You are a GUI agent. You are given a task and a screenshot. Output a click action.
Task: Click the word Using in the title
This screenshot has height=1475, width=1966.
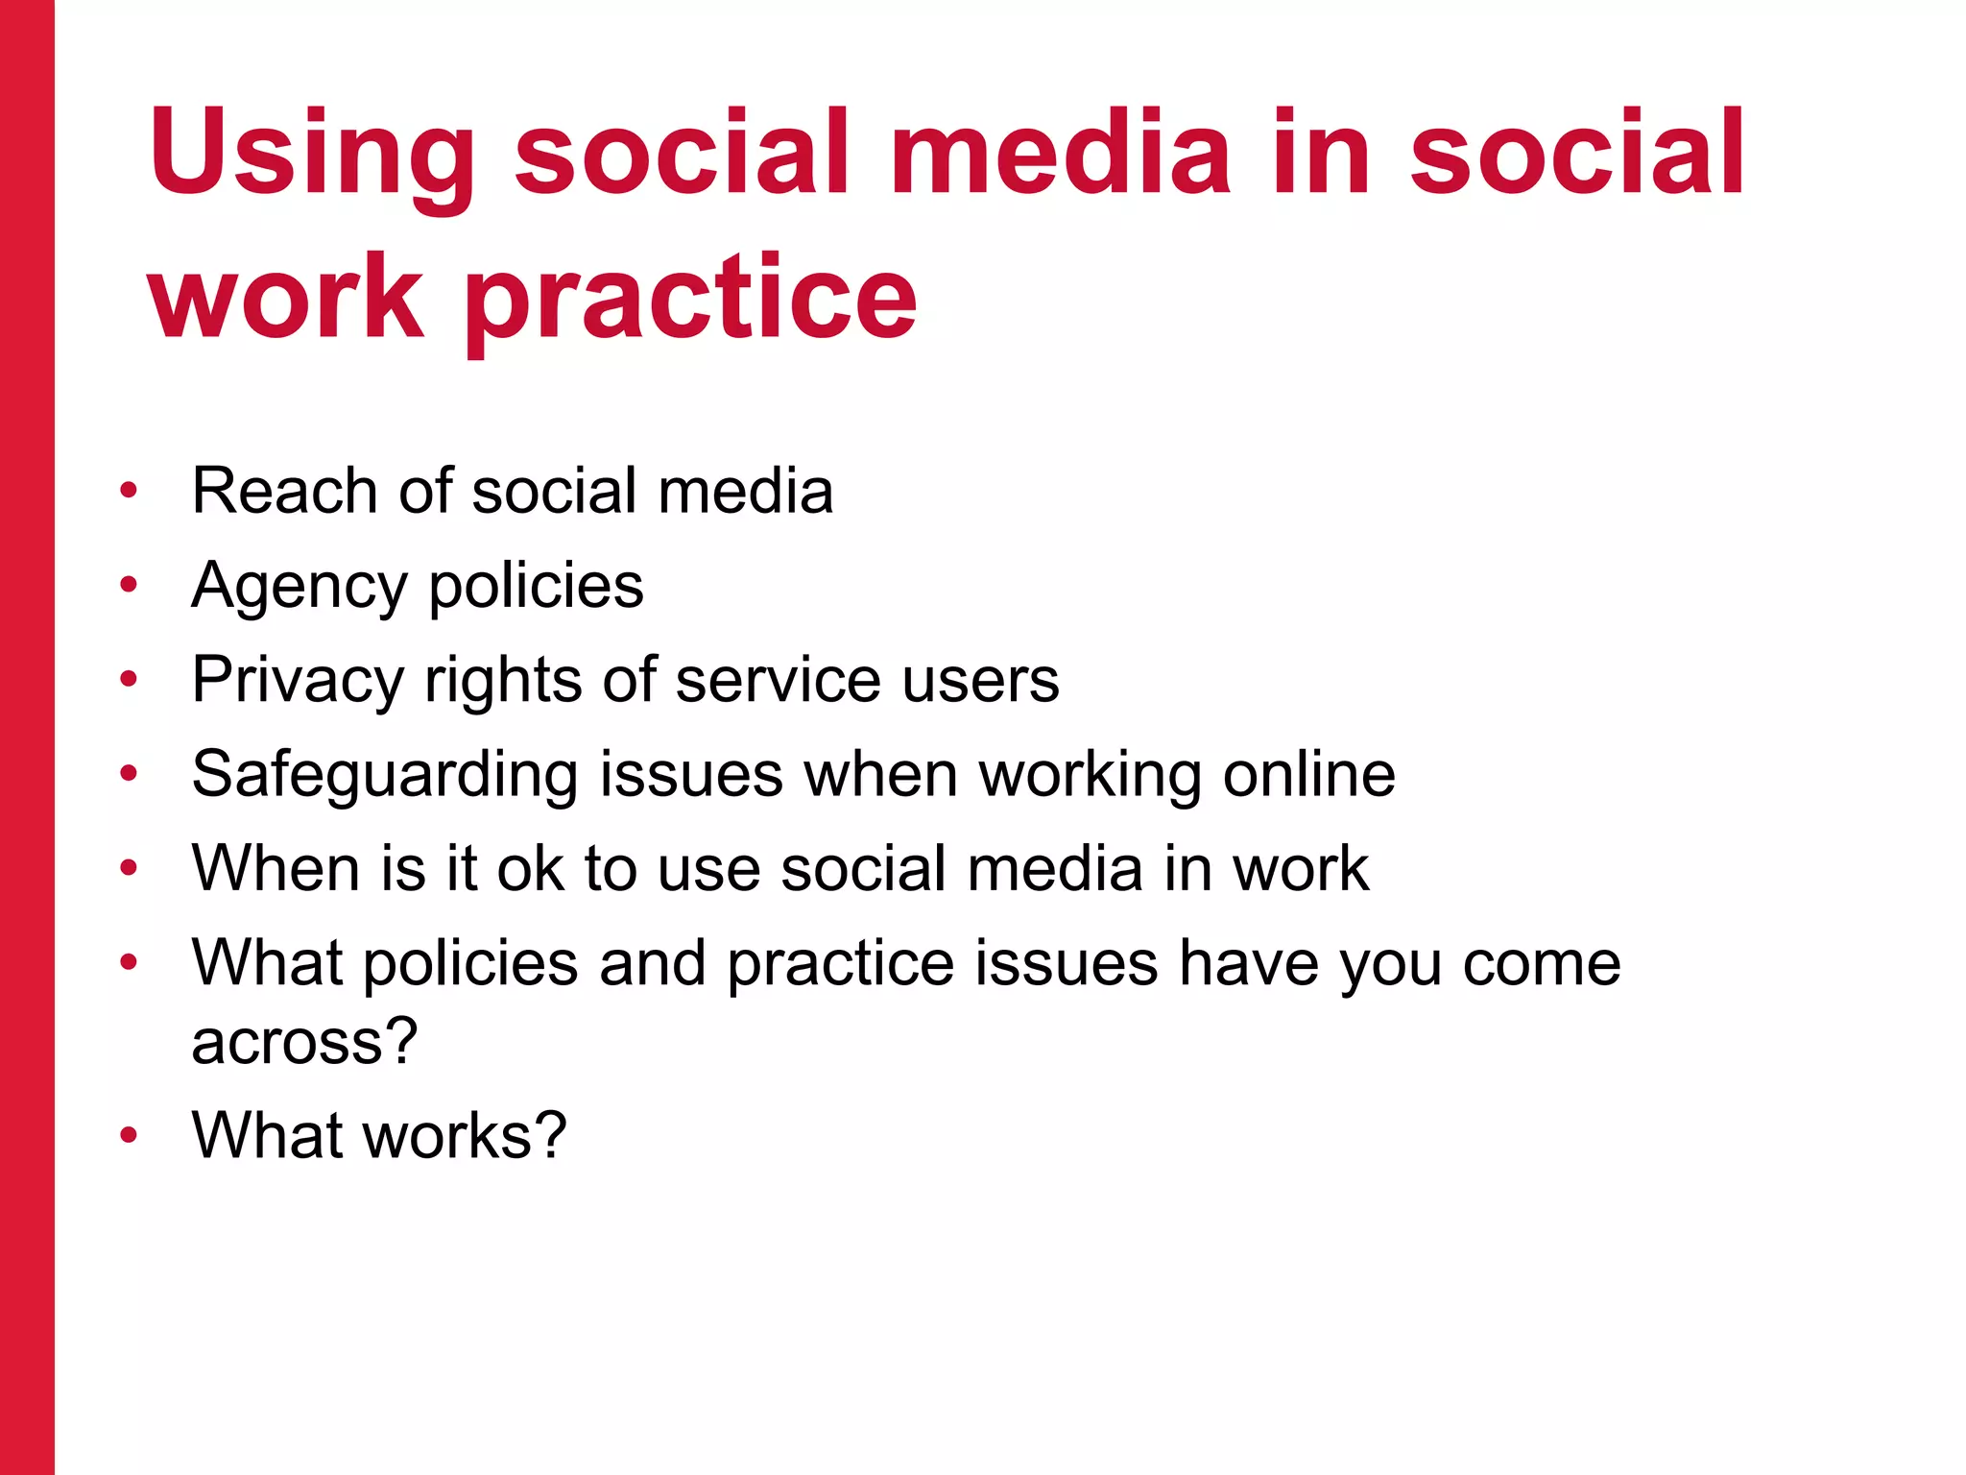[x=312, y=154]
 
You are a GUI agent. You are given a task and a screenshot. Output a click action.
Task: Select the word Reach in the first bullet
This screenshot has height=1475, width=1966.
[x=284, y=491]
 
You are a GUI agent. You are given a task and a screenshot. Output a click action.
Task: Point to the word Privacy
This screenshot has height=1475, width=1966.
[x=298, y=681]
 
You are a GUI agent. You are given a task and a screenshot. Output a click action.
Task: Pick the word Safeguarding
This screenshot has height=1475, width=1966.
[x=384, y=775]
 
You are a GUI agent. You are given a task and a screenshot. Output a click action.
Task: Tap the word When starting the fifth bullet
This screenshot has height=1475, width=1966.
[x=275, y=868]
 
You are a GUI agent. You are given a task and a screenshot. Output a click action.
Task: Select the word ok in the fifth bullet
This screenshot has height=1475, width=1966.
[x=530, y=868]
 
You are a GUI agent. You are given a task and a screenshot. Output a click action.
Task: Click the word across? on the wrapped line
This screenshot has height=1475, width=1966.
[x=304, y=1042]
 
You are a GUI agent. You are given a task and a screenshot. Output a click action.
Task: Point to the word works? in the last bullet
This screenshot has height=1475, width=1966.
[x=465, y=1135]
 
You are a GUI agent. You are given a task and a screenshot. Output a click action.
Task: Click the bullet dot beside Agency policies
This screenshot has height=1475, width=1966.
[x=129, y=584]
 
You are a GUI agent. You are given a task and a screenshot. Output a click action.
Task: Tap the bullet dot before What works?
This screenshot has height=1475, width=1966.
[x=129, y=1134]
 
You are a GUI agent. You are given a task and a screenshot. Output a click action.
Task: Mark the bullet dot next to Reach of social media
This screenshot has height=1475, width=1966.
[x=129, y=491]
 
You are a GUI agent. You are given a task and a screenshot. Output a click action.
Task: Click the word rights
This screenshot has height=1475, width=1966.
[x=502, y=681]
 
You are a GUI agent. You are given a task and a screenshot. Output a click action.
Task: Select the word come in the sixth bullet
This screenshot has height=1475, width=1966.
[x=1542, y=963]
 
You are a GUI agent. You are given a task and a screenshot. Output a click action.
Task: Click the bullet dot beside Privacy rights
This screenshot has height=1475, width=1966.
[x=129, y=679]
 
